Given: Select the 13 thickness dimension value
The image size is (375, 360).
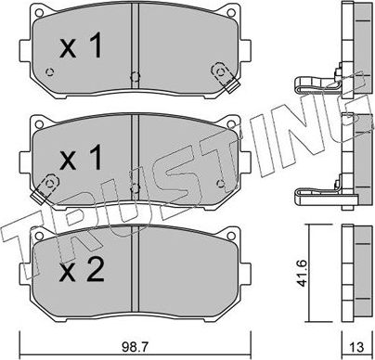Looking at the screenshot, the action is [357, 348].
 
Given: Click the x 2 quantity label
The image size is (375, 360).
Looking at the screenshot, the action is [82, 270].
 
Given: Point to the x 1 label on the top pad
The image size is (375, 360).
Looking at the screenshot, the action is [81, 46].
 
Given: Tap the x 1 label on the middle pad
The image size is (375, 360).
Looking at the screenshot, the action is [81, 158].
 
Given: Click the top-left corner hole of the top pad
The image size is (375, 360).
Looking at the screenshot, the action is [39, 13].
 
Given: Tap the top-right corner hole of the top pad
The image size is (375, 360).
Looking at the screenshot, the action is [231, 13].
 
